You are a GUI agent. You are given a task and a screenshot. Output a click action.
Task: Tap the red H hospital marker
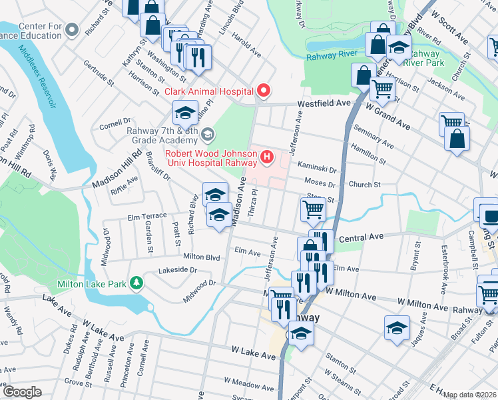pyautogui.click(x=267, y=157)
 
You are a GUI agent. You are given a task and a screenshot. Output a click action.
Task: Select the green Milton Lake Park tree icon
pyautogui.click(x=136, y=283)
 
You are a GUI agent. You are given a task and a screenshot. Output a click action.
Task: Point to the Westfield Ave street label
pyautogui.click(x=324, y=104)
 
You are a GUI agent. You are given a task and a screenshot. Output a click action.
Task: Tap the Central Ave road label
pyautogui.click(x=362, y=237)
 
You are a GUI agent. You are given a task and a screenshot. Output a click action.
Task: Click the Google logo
pyautogui.click(x=21, y=392)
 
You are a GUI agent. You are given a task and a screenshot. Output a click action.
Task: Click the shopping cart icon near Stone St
pyautogui.click(x=313, y=209)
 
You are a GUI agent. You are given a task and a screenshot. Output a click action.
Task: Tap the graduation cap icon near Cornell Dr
pyautogui.click(x=186, y=111)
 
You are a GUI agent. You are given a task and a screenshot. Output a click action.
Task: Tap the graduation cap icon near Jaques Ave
pyautogui.click(x=397, y=327)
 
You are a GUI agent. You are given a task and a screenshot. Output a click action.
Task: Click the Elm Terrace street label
pyautogui.click(x=146, y=217)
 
